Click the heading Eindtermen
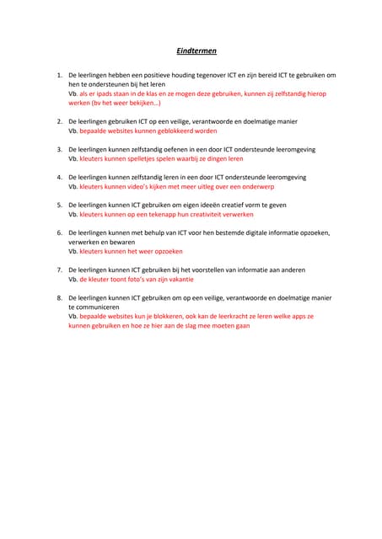(x=191, y=51)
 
